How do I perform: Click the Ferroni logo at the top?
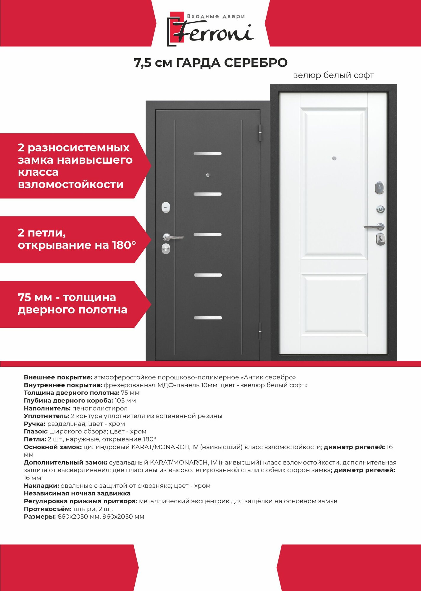point(210,29)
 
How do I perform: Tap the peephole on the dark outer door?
point(207,175)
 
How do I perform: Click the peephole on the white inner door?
point(334,158)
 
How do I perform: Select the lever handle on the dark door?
point(173,237)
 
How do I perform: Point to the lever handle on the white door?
point(374,227)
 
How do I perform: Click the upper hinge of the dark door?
point(260,132)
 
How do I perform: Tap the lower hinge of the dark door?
point(260,331)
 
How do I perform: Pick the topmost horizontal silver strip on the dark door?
point(207,154)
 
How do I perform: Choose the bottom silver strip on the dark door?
point(208,318)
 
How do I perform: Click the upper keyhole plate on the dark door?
point(166,207)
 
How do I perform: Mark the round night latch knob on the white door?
point(380,209)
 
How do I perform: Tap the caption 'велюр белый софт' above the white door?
point(333,76)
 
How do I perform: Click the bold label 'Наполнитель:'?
point(47,408)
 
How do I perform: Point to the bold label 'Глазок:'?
point(36,431)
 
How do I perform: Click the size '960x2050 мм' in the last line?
point(123,517)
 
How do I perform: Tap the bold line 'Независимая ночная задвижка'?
point(77,493)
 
